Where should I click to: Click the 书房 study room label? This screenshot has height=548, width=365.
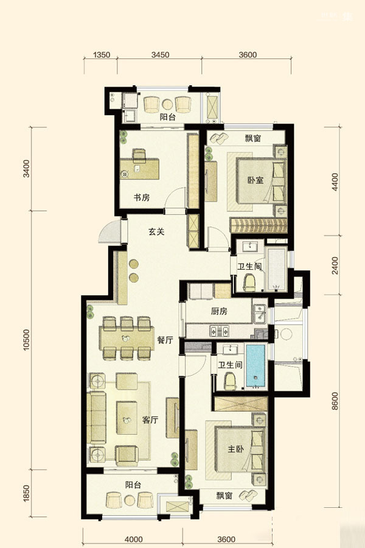(142, 197)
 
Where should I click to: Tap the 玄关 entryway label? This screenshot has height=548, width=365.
(156, 231)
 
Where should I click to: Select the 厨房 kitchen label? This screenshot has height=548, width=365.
(219, 311)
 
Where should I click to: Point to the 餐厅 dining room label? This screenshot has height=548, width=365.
(165, 340)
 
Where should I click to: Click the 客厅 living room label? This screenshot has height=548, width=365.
(150, 420)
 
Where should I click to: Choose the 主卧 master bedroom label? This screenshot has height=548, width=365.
(236, 449)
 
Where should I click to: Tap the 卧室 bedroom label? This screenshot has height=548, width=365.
(255, 180)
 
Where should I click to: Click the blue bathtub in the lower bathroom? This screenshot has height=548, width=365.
(255, 365)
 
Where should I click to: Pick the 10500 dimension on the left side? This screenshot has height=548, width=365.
(27, 340)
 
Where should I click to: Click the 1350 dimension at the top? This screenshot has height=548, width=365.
(102, 55)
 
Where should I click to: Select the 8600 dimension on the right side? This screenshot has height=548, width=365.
(335, 401)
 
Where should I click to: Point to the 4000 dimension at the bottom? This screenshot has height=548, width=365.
(133, 539)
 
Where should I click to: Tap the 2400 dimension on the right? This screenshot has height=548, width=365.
(335, 265)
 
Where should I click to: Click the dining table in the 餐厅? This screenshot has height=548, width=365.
(127, 339)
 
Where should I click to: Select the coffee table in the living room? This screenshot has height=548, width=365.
(127, 418)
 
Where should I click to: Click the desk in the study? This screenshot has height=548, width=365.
(139, 169)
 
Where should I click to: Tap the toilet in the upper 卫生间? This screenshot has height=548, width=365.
(249, 282)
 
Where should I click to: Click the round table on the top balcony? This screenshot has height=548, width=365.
(167, 104)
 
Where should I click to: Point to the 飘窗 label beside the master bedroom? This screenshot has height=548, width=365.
(224, 496)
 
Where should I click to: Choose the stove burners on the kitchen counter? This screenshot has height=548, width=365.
(220, 331)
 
